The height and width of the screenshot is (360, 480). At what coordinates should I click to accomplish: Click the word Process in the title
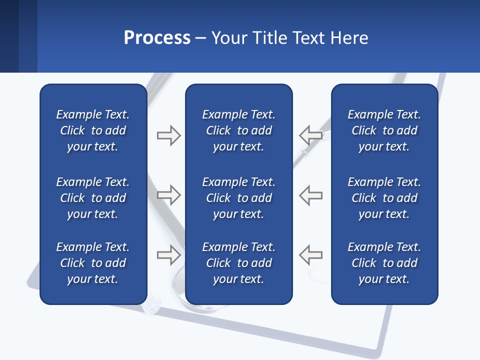pos(157,38)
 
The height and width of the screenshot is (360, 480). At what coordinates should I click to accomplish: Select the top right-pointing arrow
pos(168,135)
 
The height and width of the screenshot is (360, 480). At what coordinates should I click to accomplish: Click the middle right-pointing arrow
pos(168,195)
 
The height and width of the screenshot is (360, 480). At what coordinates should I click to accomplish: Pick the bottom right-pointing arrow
pos(168,255)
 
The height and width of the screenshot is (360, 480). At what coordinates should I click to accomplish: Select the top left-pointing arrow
pos(311,135)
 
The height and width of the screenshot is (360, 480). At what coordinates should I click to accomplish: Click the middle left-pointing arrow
pos(311,195)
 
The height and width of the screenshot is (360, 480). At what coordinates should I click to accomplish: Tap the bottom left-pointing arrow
pos(311,255)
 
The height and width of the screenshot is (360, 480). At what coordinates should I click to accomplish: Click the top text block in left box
pos(93,130)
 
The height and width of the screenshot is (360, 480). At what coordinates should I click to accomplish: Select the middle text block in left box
pos(93,198)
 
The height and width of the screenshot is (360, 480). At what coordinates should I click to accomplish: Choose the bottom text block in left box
pos(93,263)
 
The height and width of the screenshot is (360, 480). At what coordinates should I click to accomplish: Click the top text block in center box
pos(238,130)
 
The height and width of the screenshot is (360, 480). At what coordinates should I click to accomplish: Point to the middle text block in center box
pos(238,198)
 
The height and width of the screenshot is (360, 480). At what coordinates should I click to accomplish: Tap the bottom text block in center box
pos(238,263)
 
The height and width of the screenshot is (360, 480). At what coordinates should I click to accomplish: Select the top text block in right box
pos(384,130)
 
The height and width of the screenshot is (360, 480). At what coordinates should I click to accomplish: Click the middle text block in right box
pos(384,198)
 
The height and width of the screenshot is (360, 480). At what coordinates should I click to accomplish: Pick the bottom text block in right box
pos(384,263)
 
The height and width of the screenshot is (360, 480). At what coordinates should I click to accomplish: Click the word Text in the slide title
pos(309,38)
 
